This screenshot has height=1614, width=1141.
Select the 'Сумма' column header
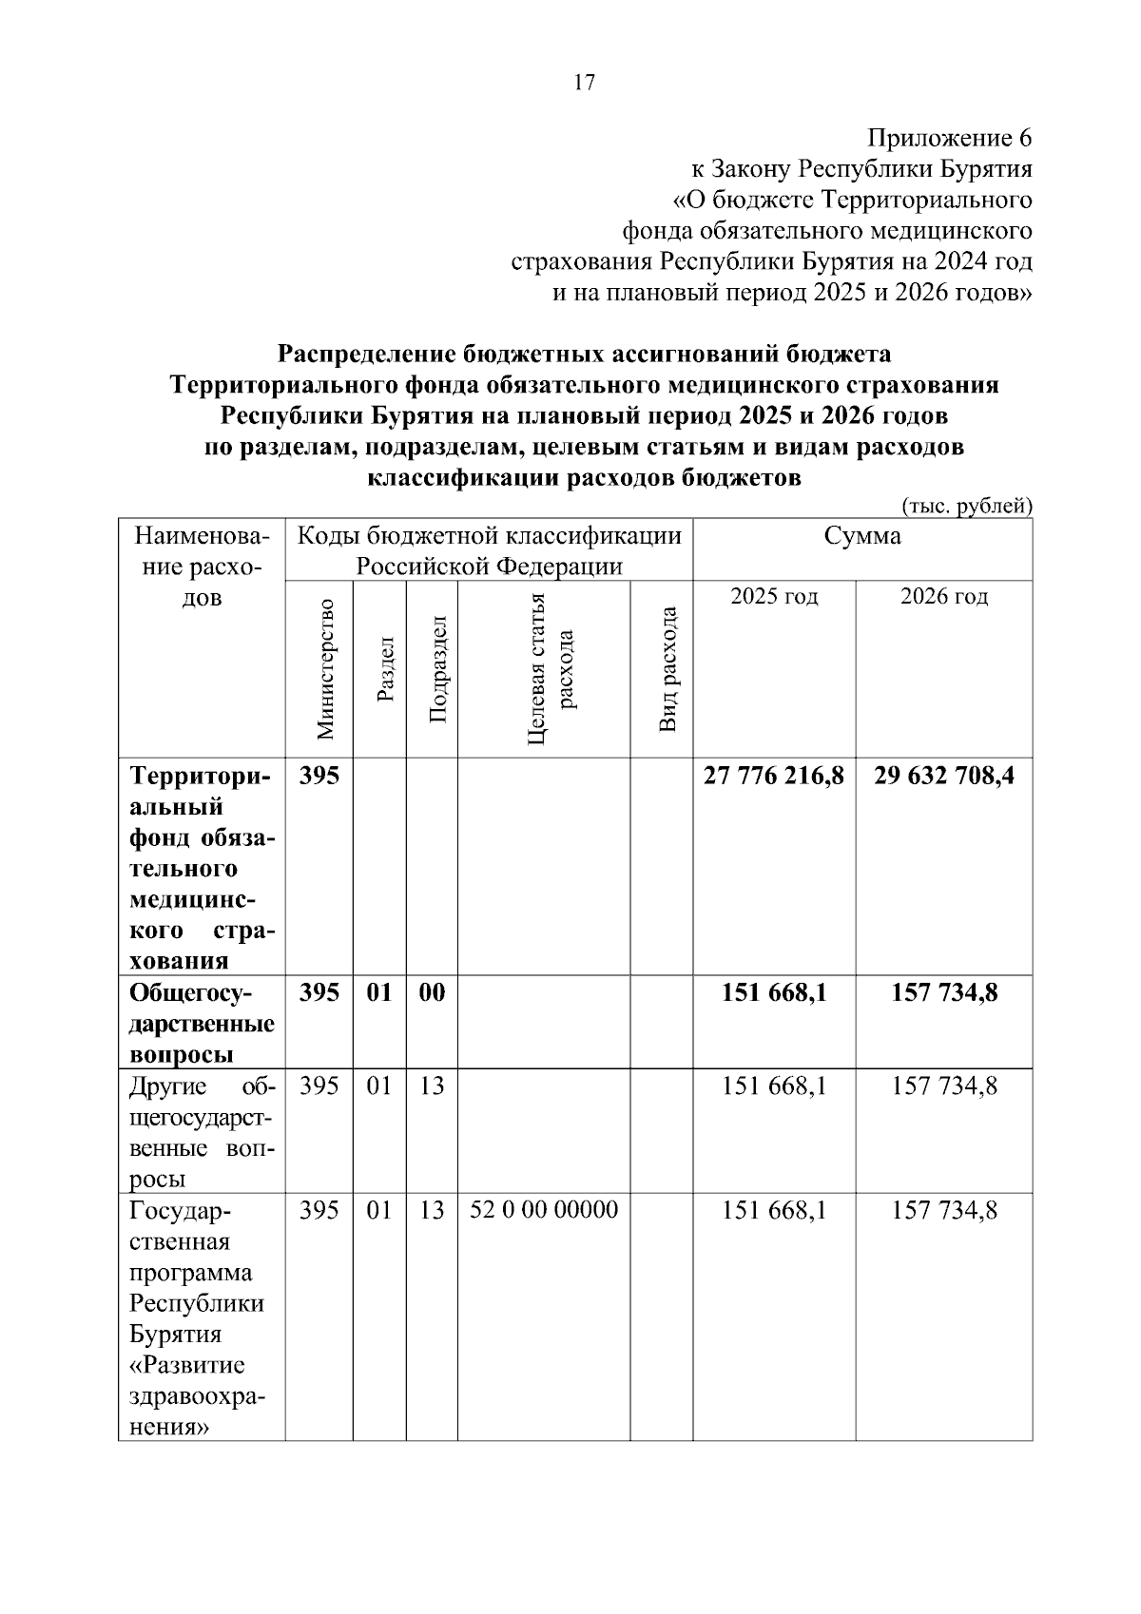pos(862,536)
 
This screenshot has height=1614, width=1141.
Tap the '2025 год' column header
pos(774,597)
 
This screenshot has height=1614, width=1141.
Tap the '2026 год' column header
pos(944,597)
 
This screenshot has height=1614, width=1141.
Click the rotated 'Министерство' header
pos(326,669)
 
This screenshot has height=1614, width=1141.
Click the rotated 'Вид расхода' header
pos(667,669)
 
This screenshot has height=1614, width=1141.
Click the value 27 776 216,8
pos(774,777)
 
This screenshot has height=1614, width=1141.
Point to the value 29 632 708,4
pos(944,777)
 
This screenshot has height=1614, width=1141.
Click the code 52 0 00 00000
pos(544,1210)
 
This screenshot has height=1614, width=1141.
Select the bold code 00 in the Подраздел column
pos(432,993)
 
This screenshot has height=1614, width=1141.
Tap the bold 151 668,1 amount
pos(774,993)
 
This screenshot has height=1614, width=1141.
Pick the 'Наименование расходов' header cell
pos(202,567)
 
